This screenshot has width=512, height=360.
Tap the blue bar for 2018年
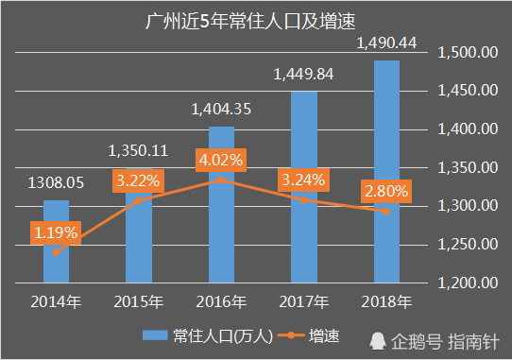point(386,170)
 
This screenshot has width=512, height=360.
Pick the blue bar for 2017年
point(304,189)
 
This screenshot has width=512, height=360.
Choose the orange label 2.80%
point(385,191)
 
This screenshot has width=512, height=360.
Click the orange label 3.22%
point(138,179)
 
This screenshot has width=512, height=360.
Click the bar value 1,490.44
point(386,43)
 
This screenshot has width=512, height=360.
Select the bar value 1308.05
point(57,184)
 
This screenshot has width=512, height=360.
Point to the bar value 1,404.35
point(221,110)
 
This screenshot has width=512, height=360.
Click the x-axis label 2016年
point(221,302)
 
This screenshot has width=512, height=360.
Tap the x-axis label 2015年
point(139,302)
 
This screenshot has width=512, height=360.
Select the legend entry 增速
point(312,335)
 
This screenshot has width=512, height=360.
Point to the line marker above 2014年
point(57,252)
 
